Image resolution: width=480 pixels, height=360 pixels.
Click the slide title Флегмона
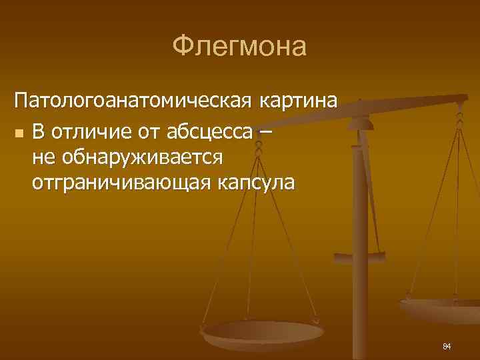pos(239,47)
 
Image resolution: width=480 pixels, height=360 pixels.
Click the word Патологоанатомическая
pos(132,103)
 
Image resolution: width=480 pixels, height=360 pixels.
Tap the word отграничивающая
pos(120,183)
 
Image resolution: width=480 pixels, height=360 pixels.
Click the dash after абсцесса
pos(266,133)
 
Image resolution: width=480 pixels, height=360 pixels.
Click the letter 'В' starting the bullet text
pos(38,133)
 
